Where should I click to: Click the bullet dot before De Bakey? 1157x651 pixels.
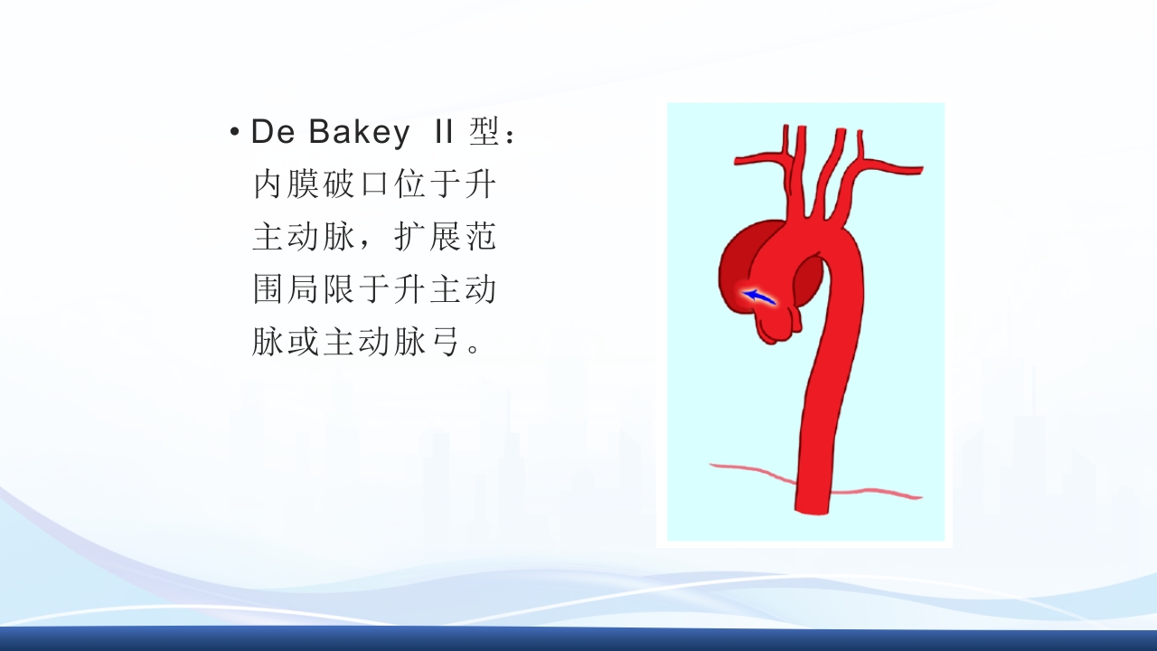pyautogui.click(x=235, y=134)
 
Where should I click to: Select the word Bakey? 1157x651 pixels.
pyautogui.click(x=359, y=133)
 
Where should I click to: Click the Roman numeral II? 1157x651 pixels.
pyautogui.click(x=443, y=133)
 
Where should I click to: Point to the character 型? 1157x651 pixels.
pyautogui.click(x=484, y=133)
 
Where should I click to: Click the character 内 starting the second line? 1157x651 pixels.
pyautogui.click(x=269, y=185)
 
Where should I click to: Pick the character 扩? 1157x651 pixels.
pyautogui.click(x=411, y=238)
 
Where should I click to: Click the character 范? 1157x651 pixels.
pyautogui.click(x=482, y=238)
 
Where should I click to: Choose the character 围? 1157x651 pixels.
pyautogui.click(x=269, y=290)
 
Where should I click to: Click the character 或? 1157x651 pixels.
pyautogui.click(x=305, y=343)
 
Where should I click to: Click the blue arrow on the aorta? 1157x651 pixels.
pyautogui.click(x=757, y=296)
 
